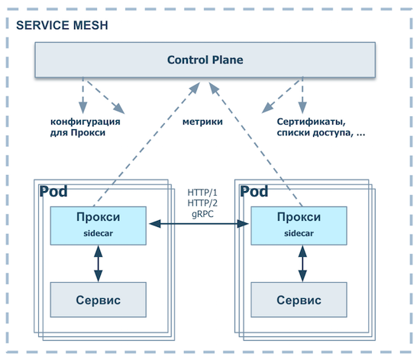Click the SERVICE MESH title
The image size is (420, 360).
coord(62,24)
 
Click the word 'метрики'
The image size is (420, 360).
coord(202,122)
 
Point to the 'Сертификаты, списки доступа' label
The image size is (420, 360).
coord(320,127)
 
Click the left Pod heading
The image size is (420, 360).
coord(53,190)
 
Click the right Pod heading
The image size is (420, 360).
coord(255,190)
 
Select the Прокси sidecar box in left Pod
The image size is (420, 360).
coord(98,225)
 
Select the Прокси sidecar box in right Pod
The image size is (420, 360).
coord(299,225)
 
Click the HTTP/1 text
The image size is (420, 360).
coord(202,192)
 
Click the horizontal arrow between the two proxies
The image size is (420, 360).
coord(199,223)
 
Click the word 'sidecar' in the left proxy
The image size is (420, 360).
coord(98,232)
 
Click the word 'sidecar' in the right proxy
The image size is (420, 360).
coord(299,232)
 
